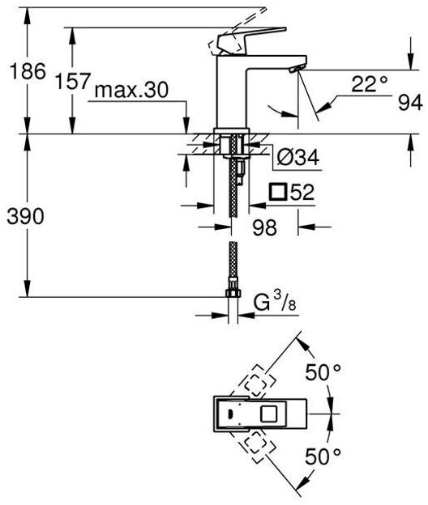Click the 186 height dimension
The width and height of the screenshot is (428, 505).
pos(28,71)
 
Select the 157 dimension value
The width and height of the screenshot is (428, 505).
pos(73,81)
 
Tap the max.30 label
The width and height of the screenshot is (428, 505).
pos(131,90)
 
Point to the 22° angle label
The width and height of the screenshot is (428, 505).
pos(369,84)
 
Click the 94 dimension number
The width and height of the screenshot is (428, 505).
pos(410,103)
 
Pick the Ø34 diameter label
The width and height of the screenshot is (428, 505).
pos(298,158)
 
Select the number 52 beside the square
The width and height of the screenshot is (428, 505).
pos(302,193)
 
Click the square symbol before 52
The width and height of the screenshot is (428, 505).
pos(278,192)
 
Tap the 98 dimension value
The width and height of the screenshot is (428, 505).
pos(264,227)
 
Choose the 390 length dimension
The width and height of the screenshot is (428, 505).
pos(25,216)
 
